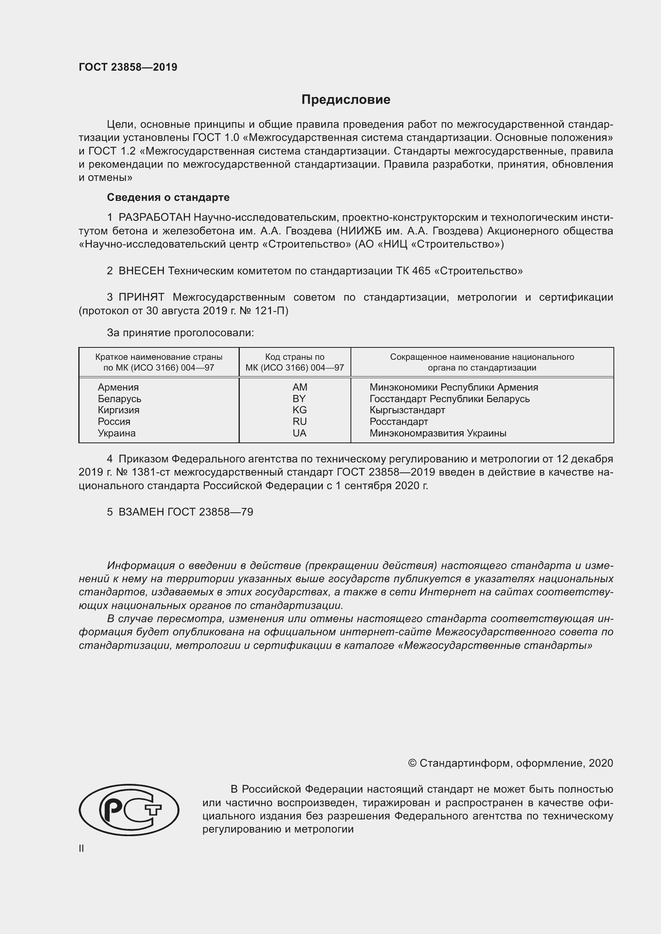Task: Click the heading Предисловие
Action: pos(346,100)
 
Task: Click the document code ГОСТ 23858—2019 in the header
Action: pos(128,67)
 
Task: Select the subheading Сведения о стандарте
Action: pos(168,197)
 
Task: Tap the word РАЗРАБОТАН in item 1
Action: pos(154,218)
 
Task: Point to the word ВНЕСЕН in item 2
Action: pos(141,270)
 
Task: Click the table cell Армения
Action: pos(118,387)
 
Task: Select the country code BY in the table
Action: pos(299,399)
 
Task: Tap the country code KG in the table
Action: pos(300,410)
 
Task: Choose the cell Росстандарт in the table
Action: pos(398,421)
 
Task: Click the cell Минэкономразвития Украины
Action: pos(438,433)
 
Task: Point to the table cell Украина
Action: pos(116,433)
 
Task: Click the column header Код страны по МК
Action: pos(295,362)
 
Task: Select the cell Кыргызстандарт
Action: pos(407,410)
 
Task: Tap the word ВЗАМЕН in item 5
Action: pos(141,512)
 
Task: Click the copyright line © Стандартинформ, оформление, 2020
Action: pos(510,763)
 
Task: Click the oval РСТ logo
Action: pos(129,810)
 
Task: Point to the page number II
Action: pos(82,849)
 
